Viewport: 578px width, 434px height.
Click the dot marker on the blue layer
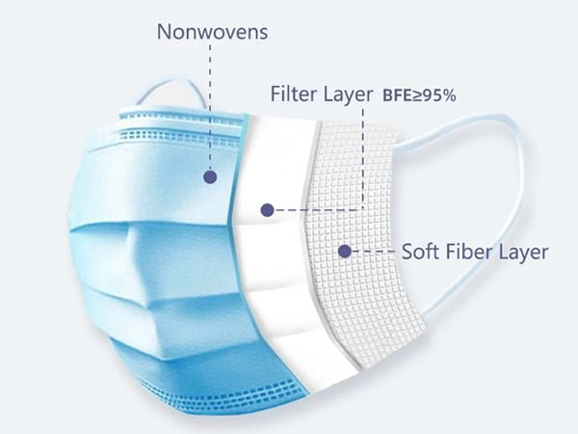210,176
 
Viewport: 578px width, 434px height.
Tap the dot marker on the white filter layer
267,208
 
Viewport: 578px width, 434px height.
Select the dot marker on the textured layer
344,252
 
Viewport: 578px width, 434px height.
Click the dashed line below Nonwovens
210,106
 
